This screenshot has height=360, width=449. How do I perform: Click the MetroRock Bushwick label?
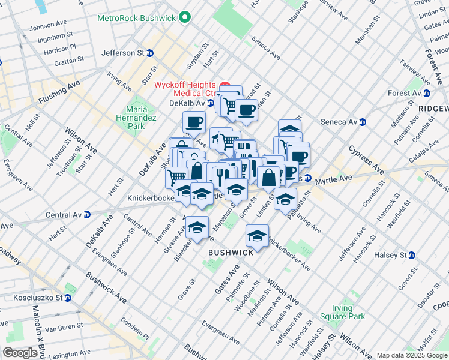pos(137,18)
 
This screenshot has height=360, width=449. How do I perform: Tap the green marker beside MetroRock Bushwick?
pos(185,17)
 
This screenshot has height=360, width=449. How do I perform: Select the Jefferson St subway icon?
pos(150,53)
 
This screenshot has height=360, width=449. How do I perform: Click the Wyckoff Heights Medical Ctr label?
pos(185,89)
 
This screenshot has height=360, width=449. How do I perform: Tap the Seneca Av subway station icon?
pos(362,122)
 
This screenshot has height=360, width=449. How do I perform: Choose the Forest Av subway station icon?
pos(427,93)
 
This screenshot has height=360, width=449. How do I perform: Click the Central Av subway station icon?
pos(87,214)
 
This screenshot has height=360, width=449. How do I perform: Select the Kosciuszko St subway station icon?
pos(68,298)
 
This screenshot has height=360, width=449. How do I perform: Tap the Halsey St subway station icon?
pos(412,255)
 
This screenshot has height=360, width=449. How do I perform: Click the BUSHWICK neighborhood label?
pos(231,253)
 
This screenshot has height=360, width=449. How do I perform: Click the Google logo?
pos(20,353)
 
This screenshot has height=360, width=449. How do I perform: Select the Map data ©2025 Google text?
pos(412,355)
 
